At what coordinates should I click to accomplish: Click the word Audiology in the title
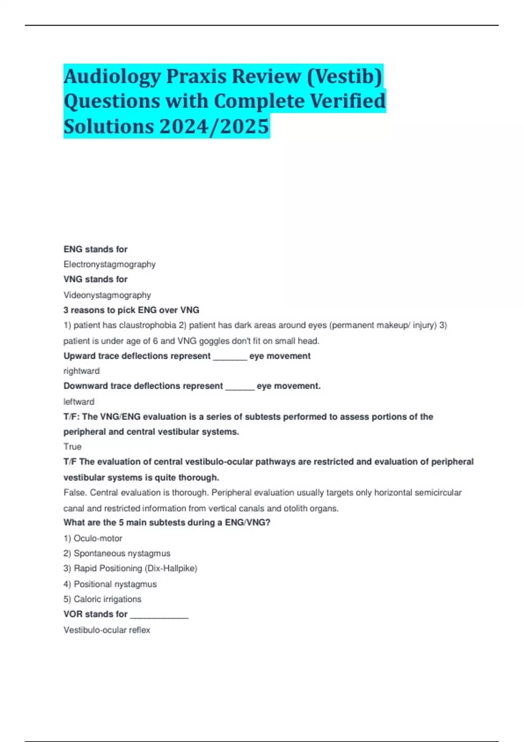pos(113,77)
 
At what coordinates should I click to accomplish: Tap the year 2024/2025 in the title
pos(214,127)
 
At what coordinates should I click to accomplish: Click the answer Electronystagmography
pos(110,265)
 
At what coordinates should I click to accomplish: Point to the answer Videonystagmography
pos(107,295)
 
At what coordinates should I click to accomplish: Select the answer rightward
pos(82,371)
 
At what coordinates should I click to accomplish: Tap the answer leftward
pos(79,402)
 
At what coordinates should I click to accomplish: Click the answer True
pos(72,447)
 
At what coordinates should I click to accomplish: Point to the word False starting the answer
pos(75,493)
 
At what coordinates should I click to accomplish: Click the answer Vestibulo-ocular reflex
pos(107,630)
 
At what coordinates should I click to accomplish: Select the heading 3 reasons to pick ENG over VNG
pos(131,310)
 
